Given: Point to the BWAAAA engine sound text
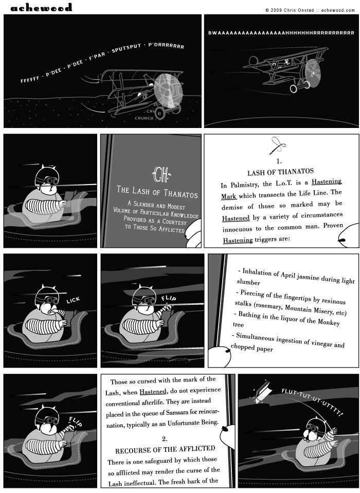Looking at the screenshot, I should point(281,33).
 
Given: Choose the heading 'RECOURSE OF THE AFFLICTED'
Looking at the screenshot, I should point(165,448).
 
